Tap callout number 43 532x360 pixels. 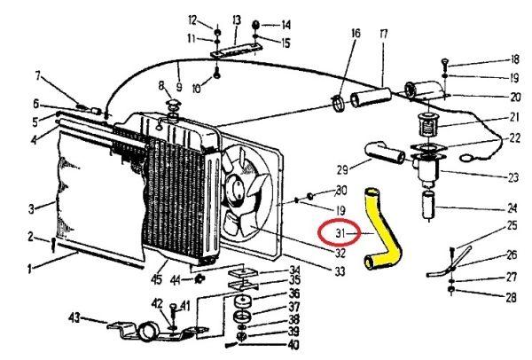point(75,317)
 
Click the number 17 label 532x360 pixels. point(384,35)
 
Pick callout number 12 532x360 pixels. point(192,20)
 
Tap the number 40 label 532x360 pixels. point(293,344)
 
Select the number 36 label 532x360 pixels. point(293,293)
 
